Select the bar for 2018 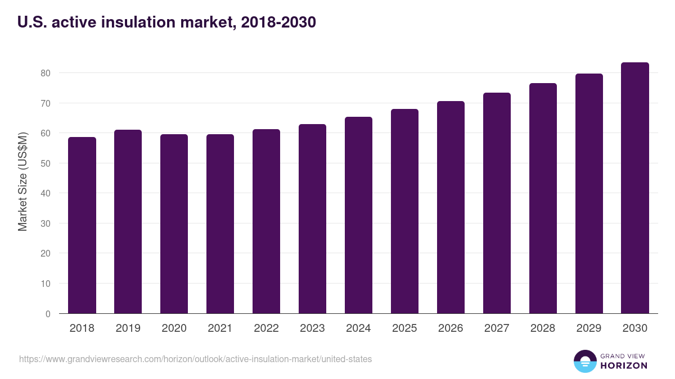(x=82, y=225)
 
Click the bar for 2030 (x=635, y=188)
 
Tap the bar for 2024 (x=358, y=215)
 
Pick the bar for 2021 (x=220, y=224)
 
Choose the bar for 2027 (x=497, y=203)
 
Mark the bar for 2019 (x=128, y=222)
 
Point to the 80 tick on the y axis (x=45, y=73)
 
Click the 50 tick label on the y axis (x=45, y=163)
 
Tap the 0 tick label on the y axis (x=48, y=314)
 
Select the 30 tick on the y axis (x=45, y=223)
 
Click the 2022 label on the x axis (x=266, y=328)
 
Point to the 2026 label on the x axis (x=451, y=328)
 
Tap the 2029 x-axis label (x=589, y=328)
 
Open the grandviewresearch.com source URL (x=195, y=359)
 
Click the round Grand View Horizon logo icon (x=584, y=361)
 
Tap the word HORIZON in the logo (x=623, y=366)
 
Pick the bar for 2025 (x=404, y=211)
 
